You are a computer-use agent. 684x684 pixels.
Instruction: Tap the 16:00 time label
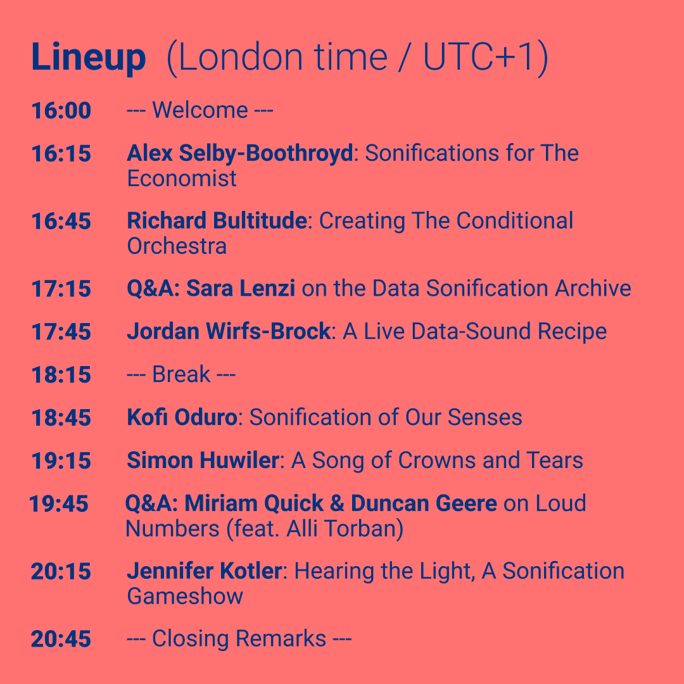point(61,110)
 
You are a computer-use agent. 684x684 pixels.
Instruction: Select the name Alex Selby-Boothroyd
point(239,153)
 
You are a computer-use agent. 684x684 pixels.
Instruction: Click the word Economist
point(182,179)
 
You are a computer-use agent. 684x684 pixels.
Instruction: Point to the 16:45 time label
point(61,221)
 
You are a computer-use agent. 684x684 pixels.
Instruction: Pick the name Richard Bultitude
point(217,221)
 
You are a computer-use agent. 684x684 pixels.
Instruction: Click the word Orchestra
point(177,246)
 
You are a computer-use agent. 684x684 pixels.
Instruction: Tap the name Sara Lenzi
point(241,288)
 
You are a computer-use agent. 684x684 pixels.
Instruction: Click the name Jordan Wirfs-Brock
point(229,331)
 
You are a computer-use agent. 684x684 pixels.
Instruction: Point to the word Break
point(181,374)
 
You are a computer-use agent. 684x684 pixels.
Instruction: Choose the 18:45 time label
point(61,418)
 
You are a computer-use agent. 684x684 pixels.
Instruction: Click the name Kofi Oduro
point(182,417)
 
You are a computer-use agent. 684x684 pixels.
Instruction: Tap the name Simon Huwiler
point(203,460)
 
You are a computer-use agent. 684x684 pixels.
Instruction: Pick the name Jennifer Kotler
point(204,571)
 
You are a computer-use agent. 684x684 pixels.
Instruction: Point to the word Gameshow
point(185,597)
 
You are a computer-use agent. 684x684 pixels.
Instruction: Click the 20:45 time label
point(61,639)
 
